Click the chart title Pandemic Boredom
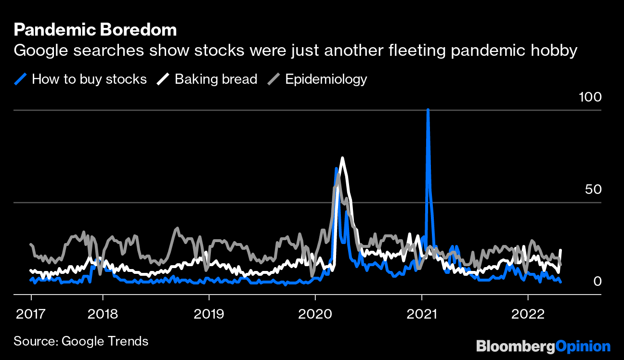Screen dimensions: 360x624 [x=95, y=30]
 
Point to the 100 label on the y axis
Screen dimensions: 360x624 [x=590, y=97]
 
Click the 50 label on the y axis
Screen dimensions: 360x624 [x=593, y=189]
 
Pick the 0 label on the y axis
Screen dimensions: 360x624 [x=597, y=281]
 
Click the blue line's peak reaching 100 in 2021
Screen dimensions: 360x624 [x=428, y=111]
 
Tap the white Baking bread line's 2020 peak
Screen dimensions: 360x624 [x=342, y=158]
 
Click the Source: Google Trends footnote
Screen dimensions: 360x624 [x=81, y=341]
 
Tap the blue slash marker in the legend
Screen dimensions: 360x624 [x=21, y=79]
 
